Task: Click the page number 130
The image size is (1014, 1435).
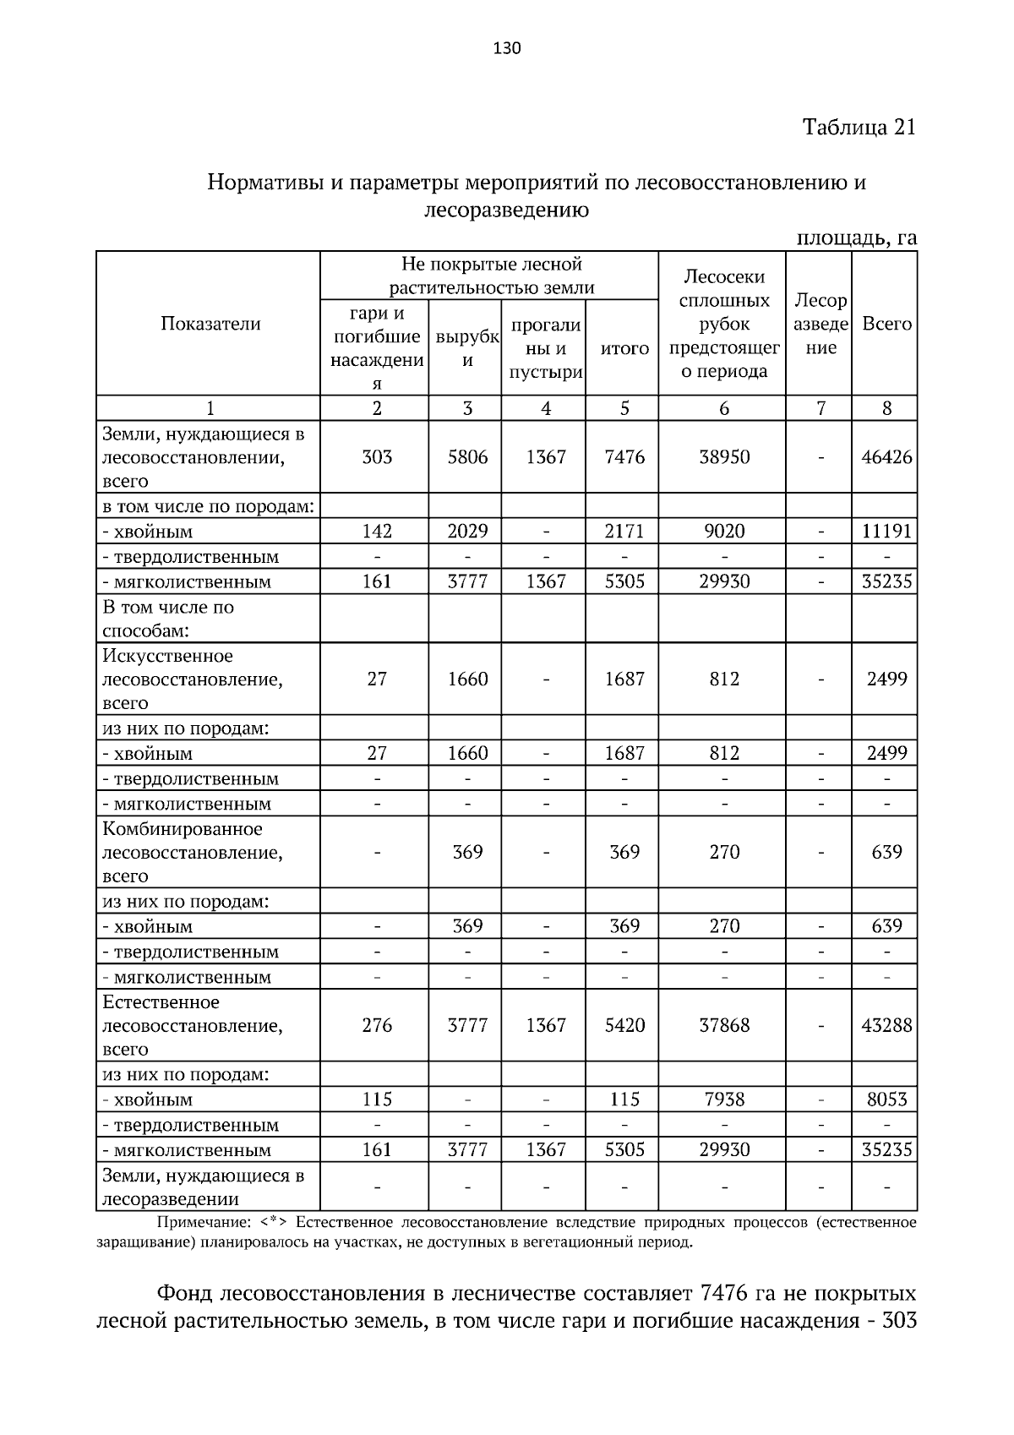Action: coord(507,48)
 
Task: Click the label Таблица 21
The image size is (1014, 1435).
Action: coord(859,128)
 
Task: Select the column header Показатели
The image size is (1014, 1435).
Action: coord(210,324)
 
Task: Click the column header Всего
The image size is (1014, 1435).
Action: coord(886,324)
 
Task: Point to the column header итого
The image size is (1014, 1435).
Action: coord(624,348)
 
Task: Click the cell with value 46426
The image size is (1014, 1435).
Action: coord(886,457)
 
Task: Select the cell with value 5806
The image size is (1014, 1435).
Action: coord(467,457)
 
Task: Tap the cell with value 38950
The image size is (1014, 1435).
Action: coord(724,457)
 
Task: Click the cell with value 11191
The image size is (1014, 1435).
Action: coord(886,532)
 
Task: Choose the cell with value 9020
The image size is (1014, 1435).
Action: coord(724,532)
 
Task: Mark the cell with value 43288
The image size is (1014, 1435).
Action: coord(886,1025)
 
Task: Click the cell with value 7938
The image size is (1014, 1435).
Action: coord(724,1099)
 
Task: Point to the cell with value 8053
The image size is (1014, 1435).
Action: coord(886,1099)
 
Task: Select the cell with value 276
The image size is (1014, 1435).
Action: coord(377,1025)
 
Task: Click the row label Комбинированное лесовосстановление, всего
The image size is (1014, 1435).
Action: coord(193,852)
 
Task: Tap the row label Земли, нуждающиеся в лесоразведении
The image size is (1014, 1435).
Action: coord(203,1187)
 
